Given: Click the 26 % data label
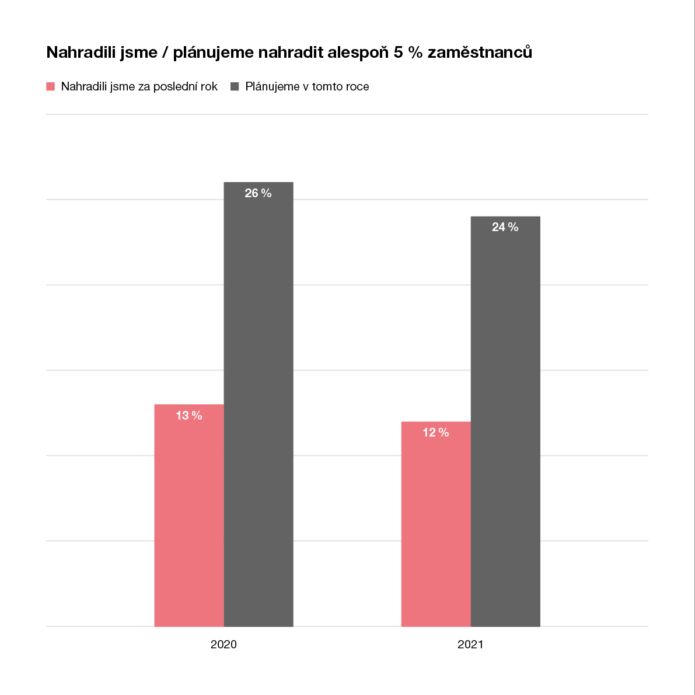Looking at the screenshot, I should point(258,193).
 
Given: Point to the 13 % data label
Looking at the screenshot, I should point(189,415).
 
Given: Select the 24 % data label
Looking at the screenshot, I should point(505,227).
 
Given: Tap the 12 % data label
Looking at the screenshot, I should point(436,432).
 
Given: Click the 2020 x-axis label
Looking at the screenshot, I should point(223,645).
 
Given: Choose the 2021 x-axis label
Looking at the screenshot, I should point(470,645).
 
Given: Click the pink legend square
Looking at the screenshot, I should point(51,86).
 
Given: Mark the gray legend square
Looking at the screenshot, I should point(235,86).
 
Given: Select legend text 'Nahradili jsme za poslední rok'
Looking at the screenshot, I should point(139,86).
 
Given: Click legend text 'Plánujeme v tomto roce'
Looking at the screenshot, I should point(307,86).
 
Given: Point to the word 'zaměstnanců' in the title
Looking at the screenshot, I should point(480,53).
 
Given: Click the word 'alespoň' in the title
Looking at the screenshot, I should point(358,53).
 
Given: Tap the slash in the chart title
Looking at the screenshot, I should point(166,53).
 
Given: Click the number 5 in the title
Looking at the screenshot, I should point(399,53).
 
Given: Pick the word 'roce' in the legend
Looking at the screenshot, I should point(357,87).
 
